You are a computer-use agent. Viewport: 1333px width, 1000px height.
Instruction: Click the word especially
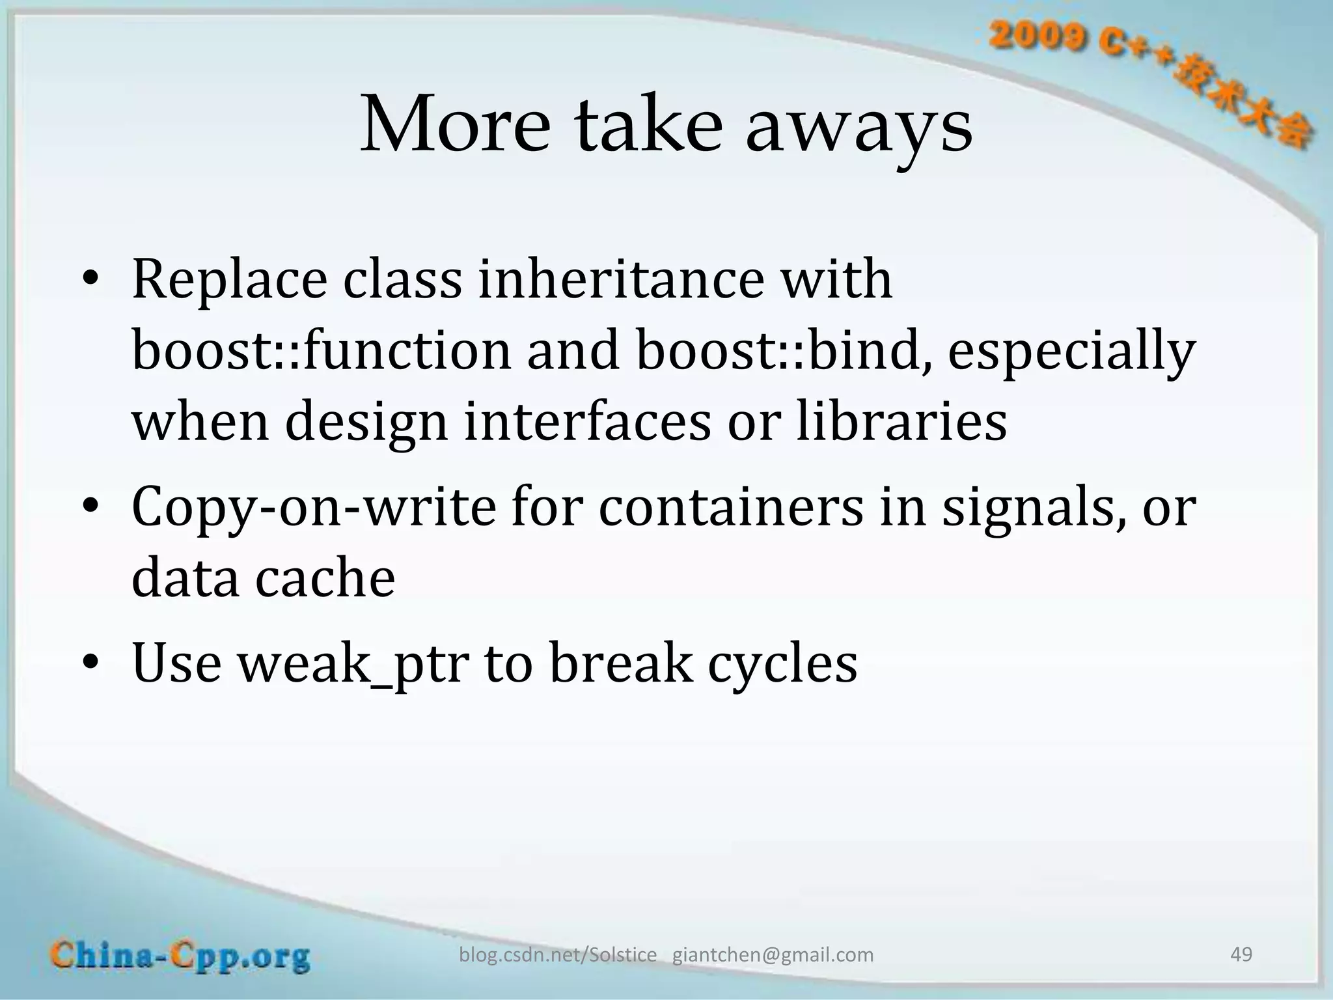pos(1071,352)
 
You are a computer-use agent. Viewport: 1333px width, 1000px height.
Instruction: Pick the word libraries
pos(901,421)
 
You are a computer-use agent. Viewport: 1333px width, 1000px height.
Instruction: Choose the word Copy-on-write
pos(314,508)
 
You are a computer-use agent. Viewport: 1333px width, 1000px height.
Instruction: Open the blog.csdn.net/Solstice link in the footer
pos(558,954)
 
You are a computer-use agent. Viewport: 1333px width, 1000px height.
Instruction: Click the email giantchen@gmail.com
pos(773,954)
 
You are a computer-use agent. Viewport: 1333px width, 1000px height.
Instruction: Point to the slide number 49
pos(1241,954)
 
